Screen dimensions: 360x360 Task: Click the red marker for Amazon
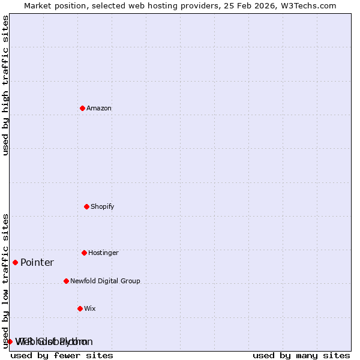pos(82,108)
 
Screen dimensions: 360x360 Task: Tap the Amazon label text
pos(99,109)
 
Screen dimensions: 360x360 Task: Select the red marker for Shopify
pos(86,206)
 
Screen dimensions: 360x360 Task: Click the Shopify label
pos(103,207)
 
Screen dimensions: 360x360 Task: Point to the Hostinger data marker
pos(84,253)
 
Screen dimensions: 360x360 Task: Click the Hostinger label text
pos(103,253)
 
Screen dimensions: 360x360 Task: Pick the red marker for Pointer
pos(15,262)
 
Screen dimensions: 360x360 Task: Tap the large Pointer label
pos(37,263)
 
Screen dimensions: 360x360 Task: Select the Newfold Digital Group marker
pos(66,281)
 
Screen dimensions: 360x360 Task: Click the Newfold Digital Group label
pos(105,281)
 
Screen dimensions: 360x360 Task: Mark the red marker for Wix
pos(80,308)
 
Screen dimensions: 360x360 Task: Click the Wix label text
pos(90,309)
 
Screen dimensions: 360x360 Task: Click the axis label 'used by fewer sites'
pos(62,355)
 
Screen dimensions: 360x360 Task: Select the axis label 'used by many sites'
pos(301,355)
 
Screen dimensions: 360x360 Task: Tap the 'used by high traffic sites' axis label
pos(6,85)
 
